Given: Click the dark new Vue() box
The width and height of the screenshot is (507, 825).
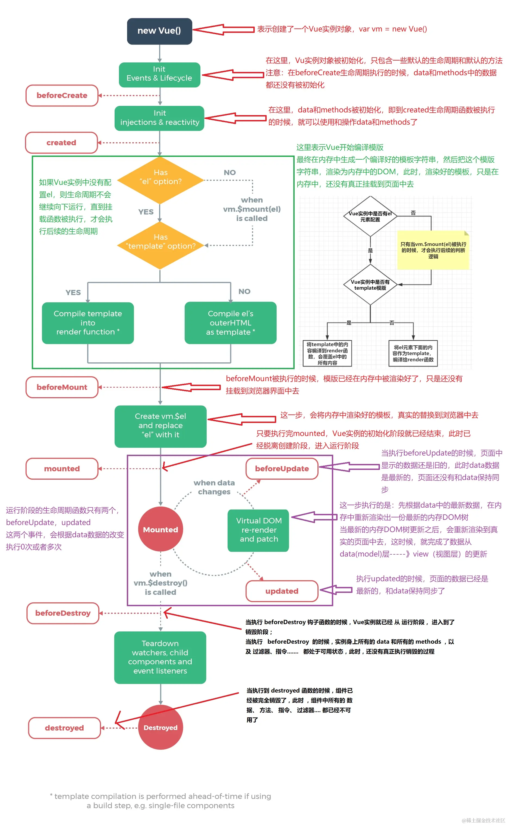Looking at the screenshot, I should [x=159, y=31].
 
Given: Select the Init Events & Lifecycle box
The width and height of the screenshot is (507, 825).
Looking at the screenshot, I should [x=159, y=74].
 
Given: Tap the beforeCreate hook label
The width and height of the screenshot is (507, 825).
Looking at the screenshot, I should [x=62, y=96].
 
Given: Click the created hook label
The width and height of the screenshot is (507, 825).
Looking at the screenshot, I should [x=61, y=143].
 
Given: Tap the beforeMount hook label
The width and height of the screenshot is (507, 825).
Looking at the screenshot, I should [x=62, y=387].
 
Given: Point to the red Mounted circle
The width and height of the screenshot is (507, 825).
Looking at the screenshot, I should [x=160, y=530].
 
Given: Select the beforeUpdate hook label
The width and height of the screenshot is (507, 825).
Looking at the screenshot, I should [x=282, y=469].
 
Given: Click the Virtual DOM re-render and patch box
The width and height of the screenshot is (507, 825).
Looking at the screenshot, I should [x=258, y=530].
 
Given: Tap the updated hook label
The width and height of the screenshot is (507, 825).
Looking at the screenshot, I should [x=282, y=591].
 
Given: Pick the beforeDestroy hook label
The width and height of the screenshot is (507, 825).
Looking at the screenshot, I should [x=63, y=613].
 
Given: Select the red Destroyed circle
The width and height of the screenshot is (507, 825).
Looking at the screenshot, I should [x=160, y=728].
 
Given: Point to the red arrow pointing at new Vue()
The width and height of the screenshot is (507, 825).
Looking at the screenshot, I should [x=223, y=30].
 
